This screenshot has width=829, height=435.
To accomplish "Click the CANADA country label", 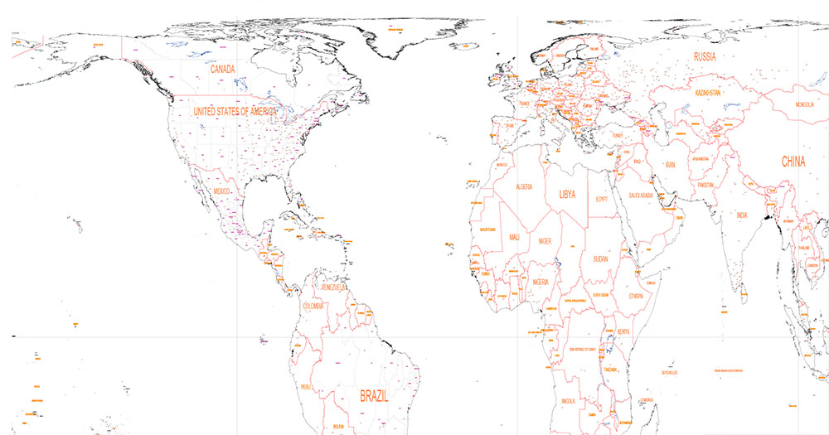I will (223, 70).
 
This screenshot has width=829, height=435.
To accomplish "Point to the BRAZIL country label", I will (375, 396).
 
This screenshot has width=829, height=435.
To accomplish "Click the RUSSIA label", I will (704, 57).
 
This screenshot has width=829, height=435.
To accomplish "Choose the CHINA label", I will (793, 162).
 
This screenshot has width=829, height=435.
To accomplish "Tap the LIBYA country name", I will (568, 196).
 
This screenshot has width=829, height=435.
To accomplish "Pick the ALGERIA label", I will (524, 187).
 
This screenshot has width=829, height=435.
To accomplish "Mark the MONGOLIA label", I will (804, 105).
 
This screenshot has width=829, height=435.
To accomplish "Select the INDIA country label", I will (742, 215).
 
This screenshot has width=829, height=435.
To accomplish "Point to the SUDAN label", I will (600, 259).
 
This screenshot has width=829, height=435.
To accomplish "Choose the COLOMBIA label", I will (313, 307).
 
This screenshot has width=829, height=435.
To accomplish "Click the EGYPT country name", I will (603, 199).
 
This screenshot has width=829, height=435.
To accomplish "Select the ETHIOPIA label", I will (636, 295).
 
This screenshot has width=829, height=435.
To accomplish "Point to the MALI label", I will (515, 238).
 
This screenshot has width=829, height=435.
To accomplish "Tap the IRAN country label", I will (671, 166).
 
